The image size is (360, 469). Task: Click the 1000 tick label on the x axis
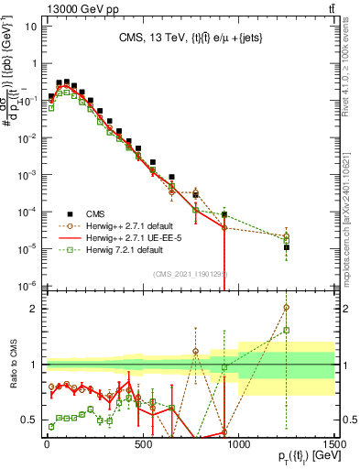tap(238, 445)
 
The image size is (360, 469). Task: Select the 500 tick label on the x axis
tap(142, 445)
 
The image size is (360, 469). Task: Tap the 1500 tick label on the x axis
tap(333, 445)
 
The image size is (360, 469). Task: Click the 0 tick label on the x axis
tap(47, 445)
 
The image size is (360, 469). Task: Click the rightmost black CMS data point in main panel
tap(287, 247)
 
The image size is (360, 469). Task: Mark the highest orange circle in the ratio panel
tap(287, 308)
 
